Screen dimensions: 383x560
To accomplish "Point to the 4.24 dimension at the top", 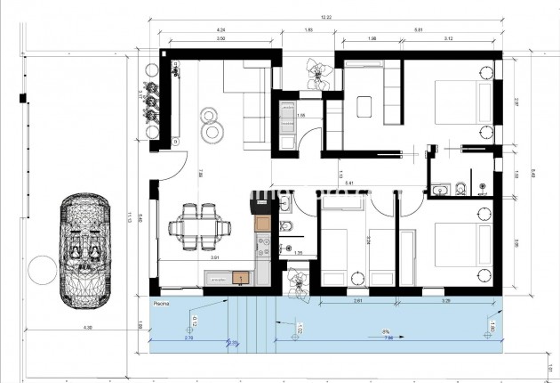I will tap(220, 28).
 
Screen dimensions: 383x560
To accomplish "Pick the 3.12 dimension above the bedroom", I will tap(448, 38).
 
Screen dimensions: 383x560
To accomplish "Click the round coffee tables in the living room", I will tap(212, 126).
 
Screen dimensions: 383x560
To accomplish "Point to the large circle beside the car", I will tap(40, 268).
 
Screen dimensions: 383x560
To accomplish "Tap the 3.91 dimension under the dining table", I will tap(214, 258).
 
